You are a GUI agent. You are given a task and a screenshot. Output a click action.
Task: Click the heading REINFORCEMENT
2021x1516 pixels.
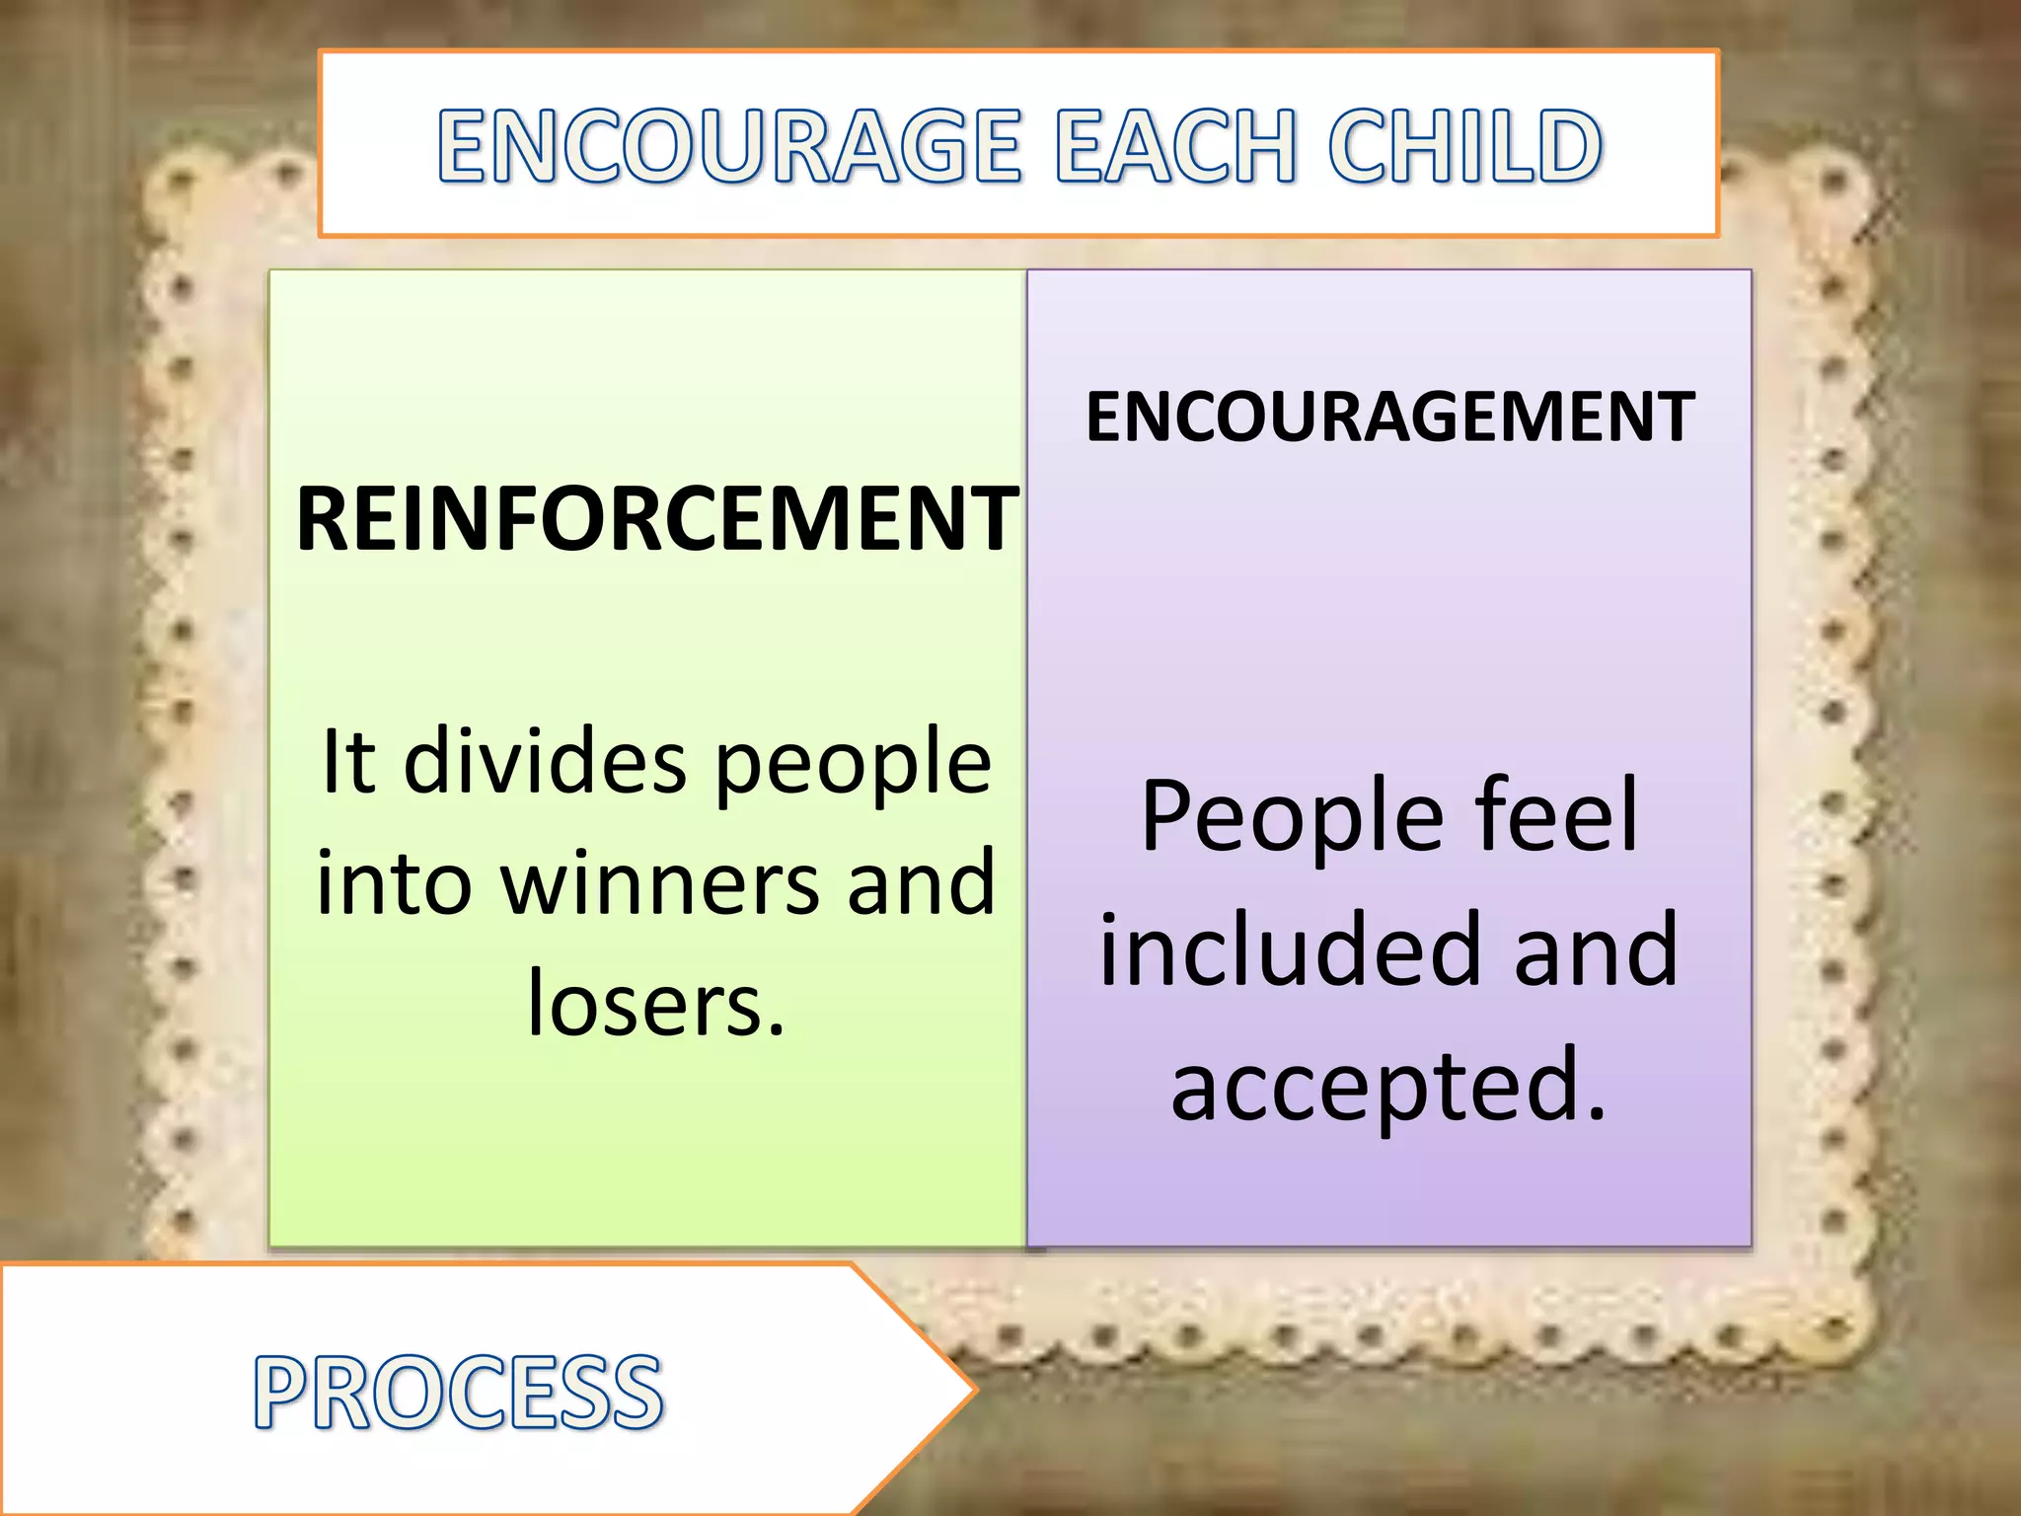coord(656,519)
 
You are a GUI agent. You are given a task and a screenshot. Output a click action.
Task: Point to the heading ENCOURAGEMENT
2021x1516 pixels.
coord(1389,417)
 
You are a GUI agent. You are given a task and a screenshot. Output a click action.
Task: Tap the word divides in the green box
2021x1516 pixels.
coord(545,761)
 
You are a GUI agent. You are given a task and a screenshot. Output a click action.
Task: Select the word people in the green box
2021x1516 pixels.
coord(853,763)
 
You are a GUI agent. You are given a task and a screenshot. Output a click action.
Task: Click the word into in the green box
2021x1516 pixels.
coord(393,883)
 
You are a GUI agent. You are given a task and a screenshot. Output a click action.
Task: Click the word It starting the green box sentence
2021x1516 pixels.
coord(348,761)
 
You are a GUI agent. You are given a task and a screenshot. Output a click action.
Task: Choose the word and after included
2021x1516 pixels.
coord(1596,949)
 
